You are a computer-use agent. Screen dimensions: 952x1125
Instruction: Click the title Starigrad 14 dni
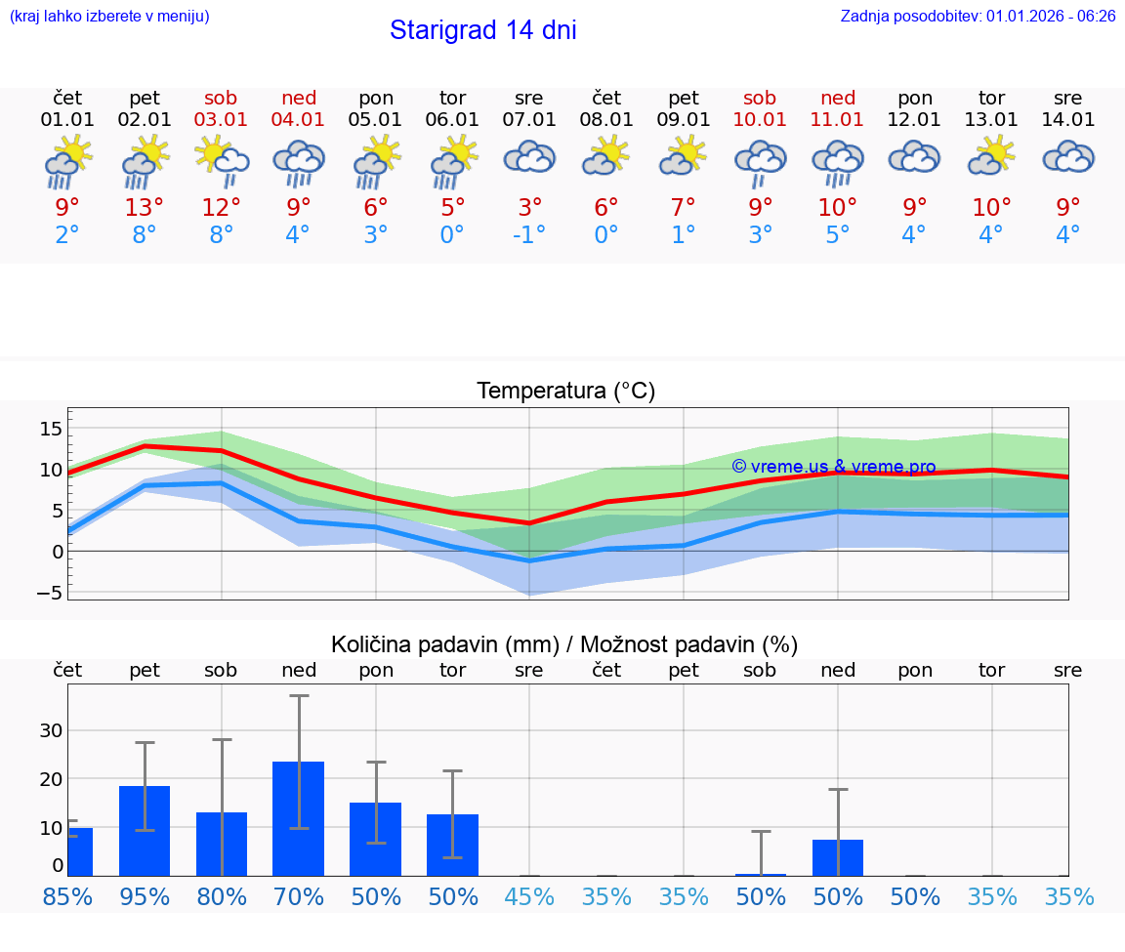pos(482,30)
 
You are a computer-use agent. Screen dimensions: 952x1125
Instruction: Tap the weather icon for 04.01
pos(298,163)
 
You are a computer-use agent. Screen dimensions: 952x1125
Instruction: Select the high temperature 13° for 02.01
pos(144,207)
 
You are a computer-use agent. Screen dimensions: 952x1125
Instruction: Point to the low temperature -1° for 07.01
pos(529,234)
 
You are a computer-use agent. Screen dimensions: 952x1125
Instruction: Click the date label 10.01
pos(760,120)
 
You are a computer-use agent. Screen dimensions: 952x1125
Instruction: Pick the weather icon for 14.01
pos(1068,158)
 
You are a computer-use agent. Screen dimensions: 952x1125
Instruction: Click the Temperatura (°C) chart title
pos(565,392)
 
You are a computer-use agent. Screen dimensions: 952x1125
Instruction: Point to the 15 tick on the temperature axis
pos(51,429)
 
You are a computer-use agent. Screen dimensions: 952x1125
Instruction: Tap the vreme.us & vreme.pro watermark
pos(833,467)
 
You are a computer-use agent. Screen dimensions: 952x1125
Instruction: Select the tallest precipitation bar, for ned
pos(298,818)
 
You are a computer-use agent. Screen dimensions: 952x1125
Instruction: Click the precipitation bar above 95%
pos(145,830)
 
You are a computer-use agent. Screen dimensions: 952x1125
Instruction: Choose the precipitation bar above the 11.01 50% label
pos(838,857)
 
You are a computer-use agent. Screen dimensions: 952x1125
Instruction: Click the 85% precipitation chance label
pos(67,896)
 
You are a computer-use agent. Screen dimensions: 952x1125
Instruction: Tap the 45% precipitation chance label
pos(529,896)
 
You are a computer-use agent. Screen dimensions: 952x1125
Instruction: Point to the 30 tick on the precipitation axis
pos(51,730)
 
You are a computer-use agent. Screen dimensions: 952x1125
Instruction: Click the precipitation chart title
pos(564,644)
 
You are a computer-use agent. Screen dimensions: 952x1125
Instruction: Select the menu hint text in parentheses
pos(108,16)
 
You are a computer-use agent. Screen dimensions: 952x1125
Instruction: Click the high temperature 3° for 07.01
pos(529,207)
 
